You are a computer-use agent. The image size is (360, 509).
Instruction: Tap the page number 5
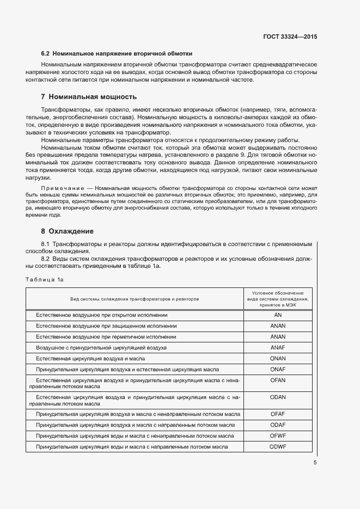pyautogui.click(x=315, y=463)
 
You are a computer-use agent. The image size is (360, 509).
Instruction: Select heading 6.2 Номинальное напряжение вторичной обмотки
pyautogui.click(x=117, y=54)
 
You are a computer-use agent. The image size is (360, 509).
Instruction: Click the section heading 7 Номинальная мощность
pyautogui.click(x=88, y=97)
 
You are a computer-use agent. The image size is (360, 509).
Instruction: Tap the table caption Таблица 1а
pyautogui.click(x=45, y=279)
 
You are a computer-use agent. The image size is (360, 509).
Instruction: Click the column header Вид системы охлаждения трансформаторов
pyautogui.click(x=135, y=299)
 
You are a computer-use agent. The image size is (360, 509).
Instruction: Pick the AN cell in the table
pyautogui.click(x=278, y=315)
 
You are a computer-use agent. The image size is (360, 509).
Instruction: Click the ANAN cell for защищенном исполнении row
pyautogui.click(x=278, y=326)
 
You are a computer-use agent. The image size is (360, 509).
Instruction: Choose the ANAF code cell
pyautogui.click(x=278, y=347)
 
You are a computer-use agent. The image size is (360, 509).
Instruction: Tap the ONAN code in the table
pyautogui.click(x=278, y=359)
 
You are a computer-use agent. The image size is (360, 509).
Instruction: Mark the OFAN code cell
pyautogui.click(x=278, y=380)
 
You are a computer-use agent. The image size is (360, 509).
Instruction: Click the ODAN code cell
pyautogui.click(x=278, y=397)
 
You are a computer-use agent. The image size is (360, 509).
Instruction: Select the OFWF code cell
pyautogui.click(x=278, y=436)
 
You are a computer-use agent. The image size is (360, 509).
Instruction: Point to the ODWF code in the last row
pyautogui.click(x=278, y=447)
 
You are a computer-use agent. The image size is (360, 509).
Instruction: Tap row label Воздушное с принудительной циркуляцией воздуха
pyautogui.click(x=101, y=347)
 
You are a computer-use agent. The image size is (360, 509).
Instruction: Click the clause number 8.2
pyautogui.click(x=46, y=259)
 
